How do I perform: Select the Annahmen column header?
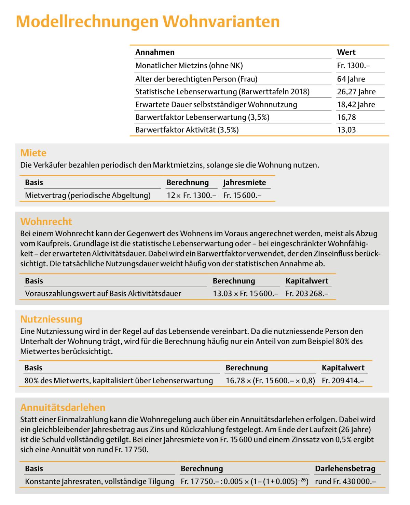click(x=155, y=52)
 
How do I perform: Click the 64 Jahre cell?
click(x=351, y=79)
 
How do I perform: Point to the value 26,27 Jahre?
click(x=356, y=92)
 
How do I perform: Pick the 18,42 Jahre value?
click(x=356, y=104)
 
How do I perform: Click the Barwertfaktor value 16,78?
click(x=346, y=117)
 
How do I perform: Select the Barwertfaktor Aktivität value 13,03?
click(x=346, y=130)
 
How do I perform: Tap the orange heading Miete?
click(x=33, y=152)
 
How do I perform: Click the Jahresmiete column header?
click(x=244, y=182)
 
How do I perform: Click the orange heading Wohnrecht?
click(x=46, y=221)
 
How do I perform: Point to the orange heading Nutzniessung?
click(x=51, y=319)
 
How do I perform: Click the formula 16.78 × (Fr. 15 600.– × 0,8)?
click(x=270, y=380)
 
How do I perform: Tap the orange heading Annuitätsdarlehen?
click(x=63, y=407)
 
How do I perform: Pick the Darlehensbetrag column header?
click(x=345, y=468)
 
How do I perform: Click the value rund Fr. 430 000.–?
click(x=345, y=481)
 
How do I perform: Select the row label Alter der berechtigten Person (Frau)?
click(x=196, y=79)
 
